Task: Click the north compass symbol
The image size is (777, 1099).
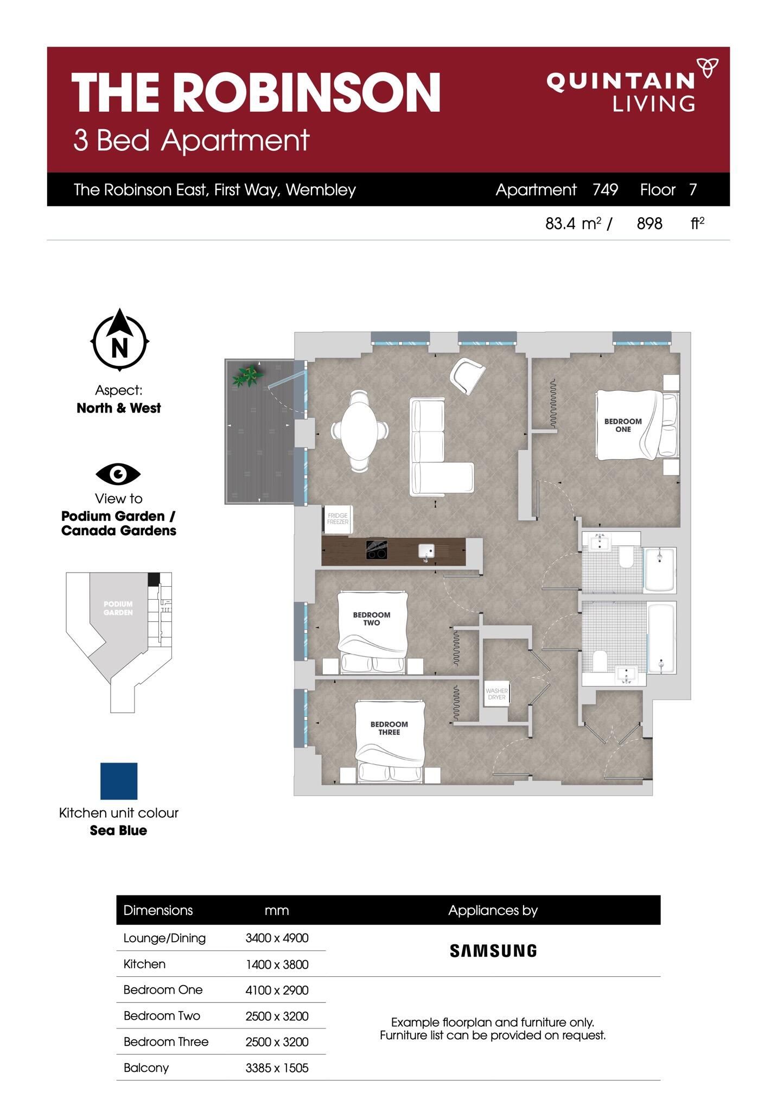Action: pyautogui.click(x=119, y=341)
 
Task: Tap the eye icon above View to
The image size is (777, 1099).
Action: pyautogui.click(x=118, y=474)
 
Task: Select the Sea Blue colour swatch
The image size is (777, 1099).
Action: pyautogui.click(x=119, y=781)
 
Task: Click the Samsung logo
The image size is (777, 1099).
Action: pyautogui.click(x=493, y=950)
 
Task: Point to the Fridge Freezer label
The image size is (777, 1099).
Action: pyautogui.click(x=337, y=518)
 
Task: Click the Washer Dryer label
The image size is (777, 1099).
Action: pyautogui.click(x=496, y=694)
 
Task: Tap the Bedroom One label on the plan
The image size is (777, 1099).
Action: pyautogui.click(x=623, y=425)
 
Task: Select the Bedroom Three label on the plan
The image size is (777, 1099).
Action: pyautogui.click(x=389, y=728)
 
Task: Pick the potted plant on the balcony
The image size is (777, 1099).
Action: pyautogui.click(x=248, y=376)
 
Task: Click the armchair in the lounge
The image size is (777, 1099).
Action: pyautogui.click(x=467, y=376)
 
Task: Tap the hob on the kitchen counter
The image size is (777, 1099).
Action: pyautogui.click(x=376, y=550)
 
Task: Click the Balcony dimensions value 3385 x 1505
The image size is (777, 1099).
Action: pyautogui.click(x=277, y=1068)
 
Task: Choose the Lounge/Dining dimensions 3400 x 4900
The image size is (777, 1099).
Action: pyautogui.click(x=277, y=938)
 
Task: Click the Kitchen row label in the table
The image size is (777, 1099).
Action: pyautogui.click(x=144, y=964)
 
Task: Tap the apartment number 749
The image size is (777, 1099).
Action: pyautogui.click(x=605, y=189)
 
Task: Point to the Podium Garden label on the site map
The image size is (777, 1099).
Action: pyautogui.click(x=118, y=608)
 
